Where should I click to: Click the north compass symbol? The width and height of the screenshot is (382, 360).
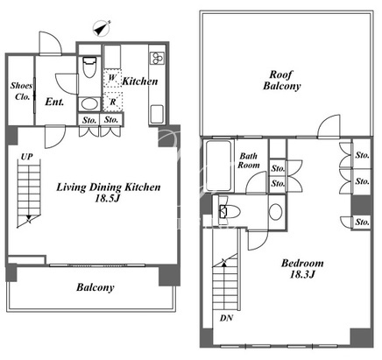coord(102,29)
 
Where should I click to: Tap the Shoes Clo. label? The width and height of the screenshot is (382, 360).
coord(22,91)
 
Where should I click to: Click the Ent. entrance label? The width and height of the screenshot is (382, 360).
coord(54,102)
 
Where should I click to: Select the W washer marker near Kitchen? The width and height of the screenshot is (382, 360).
coord(112,78)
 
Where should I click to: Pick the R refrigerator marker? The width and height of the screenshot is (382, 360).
coord(113,102)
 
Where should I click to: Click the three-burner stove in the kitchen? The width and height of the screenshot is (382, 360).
coord(158,58)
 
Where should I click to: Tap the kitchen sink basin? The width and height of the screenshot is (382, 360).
coord(157,114)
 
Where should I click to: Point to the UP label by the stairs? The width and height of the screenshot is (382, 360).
coord(26,157)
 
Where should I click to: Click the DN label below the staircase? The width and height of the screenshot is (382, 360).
coord(226,318)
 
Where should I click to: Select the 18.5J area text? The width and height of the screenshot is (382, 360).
coord(108,199)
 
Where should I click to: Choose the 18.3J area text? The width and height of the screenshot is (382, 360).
coord(302,274)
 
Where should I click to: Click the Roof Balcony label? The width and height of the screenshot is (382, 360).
coord(281,81)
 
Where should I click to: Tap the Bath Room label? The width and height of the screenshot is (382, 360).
coord(249,160)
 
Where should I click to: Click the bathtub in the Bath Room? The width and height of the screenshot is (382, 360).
coord(218,166)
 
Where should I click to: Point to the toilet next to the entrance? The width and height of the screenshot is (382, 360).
coord(89,67)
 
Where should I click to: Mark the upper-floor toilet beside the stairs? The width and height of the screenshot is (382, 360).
coord(230,211)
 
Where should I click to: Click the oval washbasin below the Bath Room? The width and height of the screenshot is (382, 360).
coord(275,212)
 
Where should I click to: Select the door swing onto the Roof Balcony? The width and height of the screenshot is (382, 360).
coord(329,126)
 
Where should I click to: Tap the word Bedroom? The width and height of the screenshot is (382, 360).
coord(302,264)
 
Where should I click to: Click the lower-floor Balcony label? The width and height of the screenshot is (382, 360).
coord(95,287)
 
